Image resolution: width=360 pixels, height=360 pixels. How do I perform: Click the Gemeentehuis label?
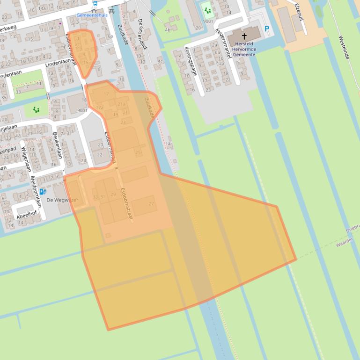92,15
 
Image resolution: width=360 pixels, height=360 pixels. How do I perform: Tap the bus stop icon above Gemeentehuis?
96,4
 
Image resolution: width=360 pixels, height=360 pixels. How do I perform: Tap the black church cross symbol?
244,36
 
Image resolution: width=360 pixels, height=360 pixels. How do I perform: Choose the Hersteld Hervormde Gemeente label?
243,49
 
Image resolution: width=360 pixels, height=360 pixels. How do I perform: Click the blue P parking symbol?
267,29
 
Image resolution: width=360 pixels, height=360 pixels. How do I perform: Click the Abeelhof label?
26,216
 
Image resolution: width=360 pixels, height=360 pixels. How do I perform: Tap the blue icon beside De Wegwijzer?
43,191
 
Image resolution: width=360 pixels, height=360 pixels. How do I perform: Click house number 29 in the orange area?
113,194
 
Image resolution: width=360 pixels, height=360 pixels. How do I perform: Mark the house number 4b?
168,30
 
